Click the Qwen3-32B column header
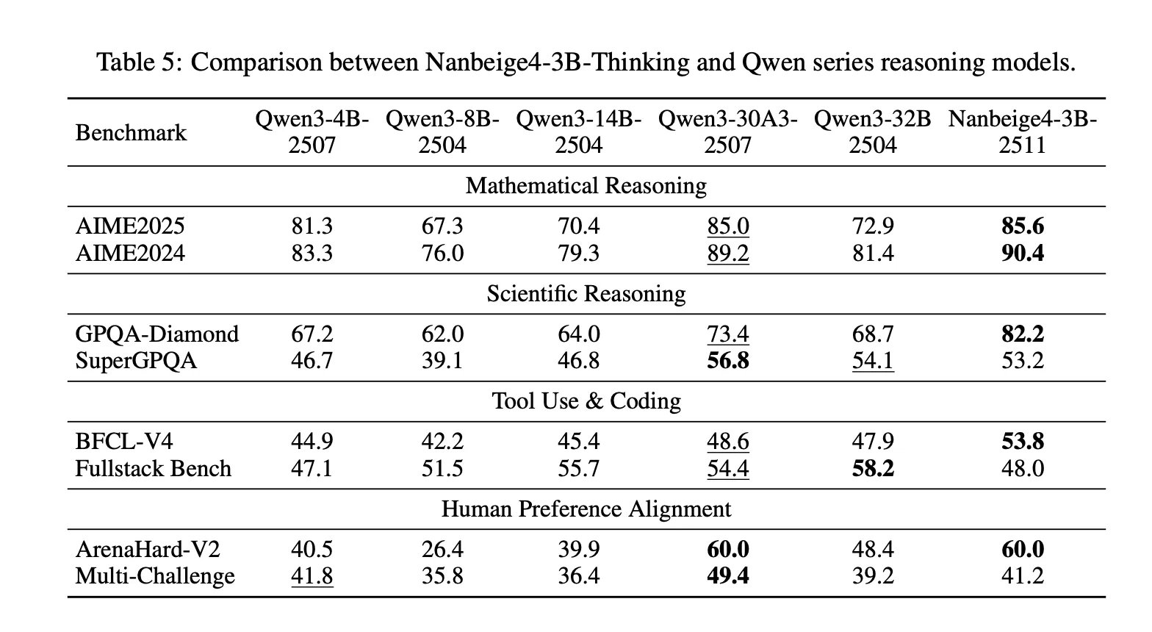[873, 132]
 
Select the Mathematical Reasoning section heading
[586, 186]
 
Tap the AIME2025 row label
[130, 226]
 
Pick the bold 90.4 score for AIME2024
[1022, 253]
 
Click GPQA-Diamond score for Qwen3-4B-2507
[312, 334]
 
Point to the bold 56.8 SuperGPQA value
[727, 361]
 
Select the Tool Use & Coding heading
[586, 401]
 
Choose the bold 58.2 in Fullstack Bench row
[872, 468]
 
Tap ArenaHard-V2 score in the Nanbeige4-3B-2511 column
[1022, 549]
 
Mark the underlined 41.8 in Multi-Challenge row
[312, 576]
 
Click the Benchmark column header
[131, 133]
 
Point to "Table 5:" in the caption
[140, 62]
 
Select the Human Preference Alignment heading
[586, 509]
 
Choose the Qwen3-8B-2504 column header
[442, 132]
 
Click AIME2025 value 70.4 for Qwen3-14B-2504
[578, 226]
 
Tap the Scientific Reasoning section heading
[586, 294]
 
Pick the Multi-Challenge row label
[155, 576]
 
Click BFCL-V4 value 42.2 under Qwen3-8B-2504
[442, 441]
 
